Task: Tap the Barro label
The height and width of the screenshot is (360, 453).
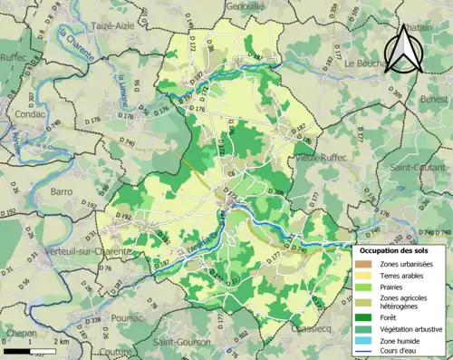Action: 62,191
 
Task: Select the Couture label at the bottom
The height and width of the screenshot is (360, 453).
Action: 117,352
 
